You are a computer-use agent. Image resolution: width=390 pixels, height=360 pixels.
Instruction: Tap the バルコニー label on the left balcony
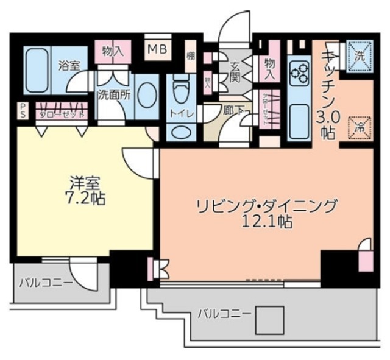[46, 283]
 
